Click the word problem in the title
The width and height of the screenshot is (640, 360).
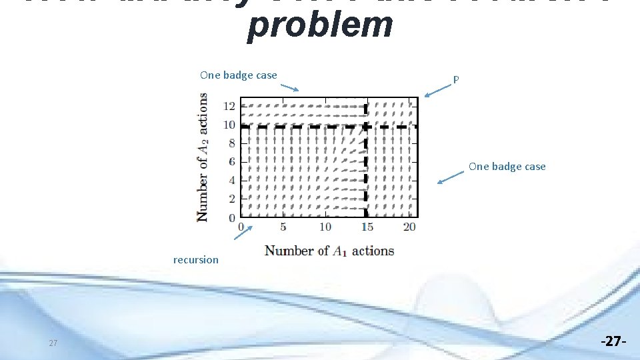(319, 25)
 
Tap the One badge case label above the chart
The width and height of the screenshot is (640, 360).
(238, 75)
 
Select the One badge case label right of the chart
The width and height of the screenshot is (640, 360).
(507, 167)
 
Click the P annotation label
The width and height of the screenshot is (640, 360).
(456, 80)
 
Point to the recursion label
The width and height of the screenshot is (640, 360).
(195, 260)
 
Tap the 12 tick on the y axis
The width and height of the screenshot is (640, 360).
(229, 106)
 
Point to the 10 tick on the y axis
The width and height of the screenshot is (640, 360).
(229, 125)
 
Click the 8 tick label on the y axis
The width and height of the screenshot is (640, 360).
(231, 143)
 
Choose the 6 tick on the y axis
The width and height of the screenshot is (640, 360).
(231, 162)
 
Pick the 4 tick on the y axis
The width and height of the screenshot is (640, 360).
(231, 181)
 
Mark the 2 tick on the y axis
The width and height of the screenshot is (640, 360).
(231, 199)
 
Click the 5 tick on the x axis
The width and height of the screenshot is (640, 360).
(283, 227)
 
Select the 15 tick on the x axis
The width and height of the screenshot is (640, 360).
(367, 227)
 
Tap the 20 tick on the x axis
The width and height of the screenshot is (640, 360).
(409, 227)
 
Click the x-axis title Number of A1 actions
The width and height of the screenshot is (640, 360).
(329, 251)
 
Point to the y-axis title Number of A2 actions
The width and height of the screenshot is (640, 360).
(201, 157)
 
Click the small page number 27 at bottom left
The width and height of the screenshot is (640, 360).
(53, 343)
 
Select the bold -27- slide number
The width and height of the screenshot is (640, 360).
(613, 342)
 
